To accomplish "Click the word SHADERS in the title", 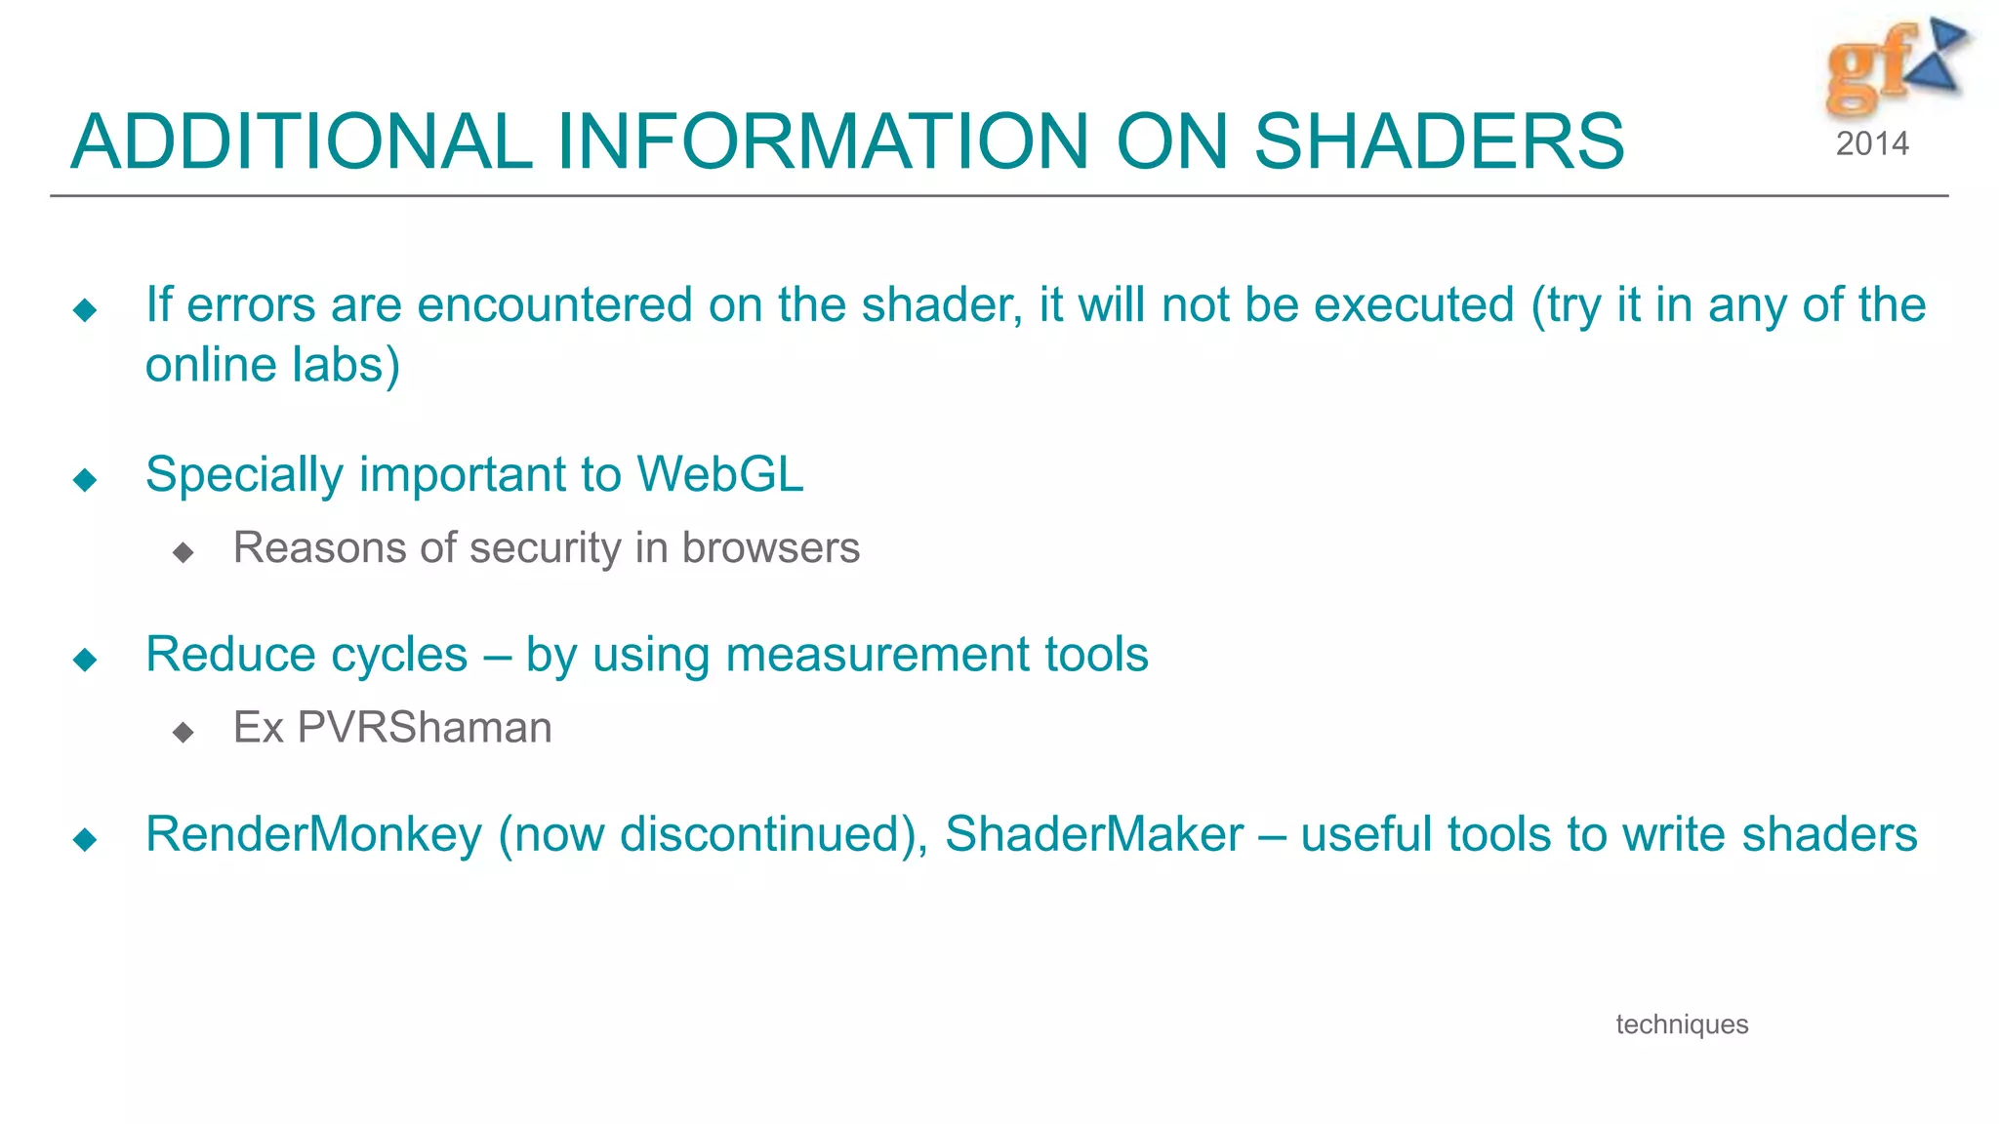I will pyautogui.click(x=1439, y=142).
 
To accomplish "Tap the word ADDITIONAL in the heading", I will pyautogui.click(x=302, y=142).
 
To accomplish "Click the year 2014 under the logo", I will pyautogui.click(x=1871, y=144).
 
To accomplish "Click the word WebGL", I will pyautogui.click(x=719, y=475).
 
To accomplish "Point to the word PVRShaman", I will pyautogui.click(x=425, y=728).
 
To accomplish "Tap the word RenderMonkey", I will pyautogui.click(x=313, y=835).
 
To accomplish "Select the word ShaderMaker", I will pyautogui.click(x=1094, y=835).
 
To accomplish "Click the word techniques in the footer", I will pyautogui.click(x=1682, y=1024).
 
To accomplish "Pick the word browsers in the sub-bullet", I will pyautogui.click(x=771, y=548).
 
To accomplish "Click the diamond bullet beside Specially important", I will pyautogui.click(x=86, y=479).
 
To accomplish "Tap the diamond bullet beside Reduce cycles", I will pyautogui.click(x=86, y=660).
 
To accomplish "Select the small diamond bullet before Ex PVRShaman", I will pyautogui.click(x=183, y=732).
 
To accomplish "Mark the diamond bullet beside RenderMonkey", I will pyautogui.click(x=86, y=839).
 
